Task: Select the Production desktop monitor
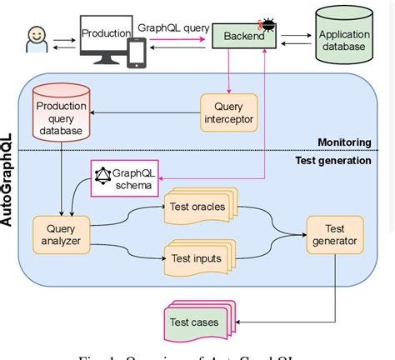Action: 102,37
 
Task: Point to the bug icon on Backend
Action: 271,27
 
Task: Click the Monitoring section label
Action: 342,142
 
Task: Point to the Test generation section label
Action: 332,161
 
